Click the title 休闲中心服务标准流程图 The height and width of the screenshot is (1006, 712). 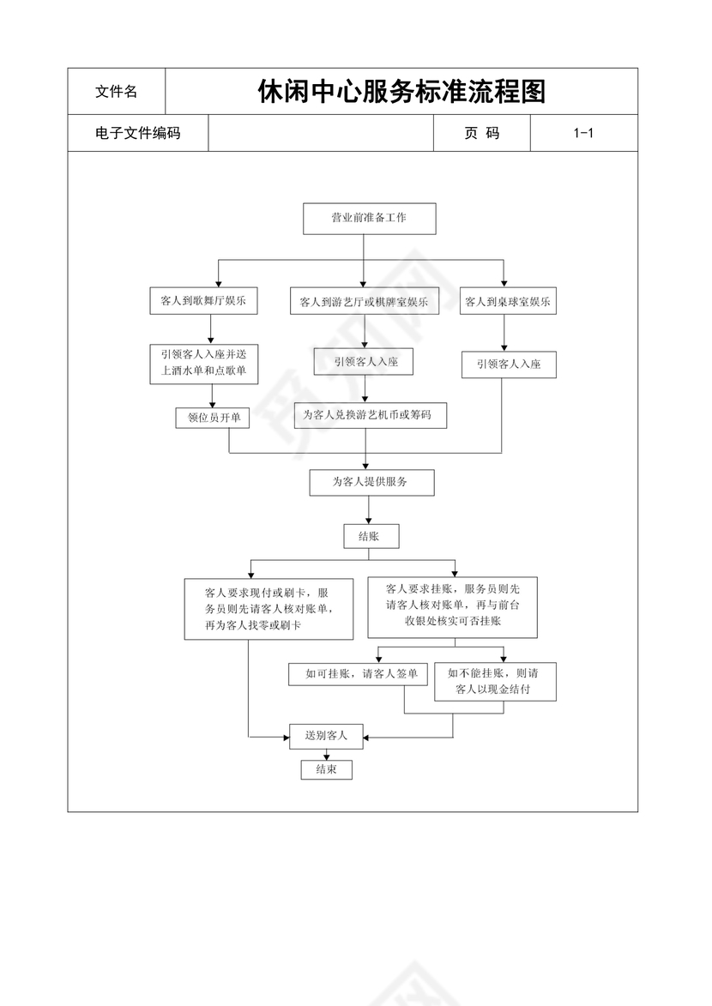401,91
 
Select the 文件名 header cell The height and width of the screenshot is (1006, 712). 116,92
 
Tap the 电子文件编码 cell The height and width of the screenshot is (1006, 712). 137,133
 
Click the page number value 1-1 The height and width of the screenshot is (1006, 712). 583,133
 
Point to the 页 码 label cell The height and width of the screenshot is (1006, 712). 482,133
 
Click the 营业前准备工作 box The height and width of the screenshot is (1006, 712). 370,218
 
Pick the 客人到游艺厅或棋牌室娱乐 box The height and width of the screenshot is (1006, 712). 364,302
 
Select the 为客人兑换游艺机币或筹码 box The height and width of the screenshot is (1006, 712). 370,415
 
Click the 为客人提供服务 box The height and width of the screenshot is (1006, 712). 371,482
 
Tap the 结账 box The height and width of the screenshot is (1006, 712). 371,536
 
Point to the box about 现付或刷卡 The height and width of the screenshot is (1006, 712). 269,609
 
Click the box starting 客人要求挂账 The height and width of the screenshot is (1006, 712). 452,607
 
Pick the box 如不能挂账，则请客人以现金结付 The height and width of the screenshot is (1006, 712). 495,681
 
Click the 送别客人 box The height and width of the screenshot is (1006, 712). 326,736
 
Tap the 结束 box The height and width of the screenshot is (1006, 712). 326,769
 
